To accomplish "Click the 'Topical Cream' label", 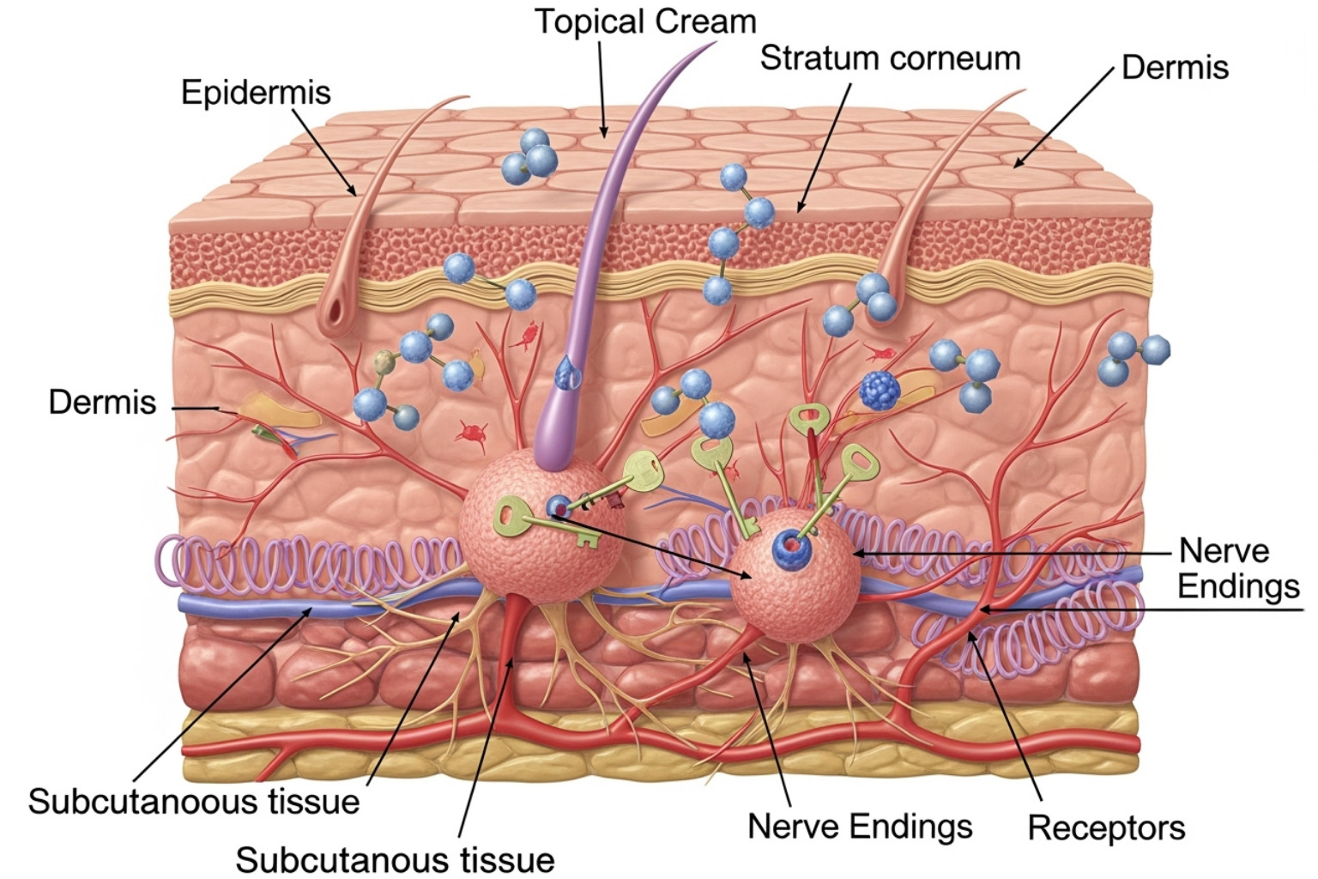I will (645, 21).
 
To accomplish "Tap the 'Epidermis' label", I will (256, 92).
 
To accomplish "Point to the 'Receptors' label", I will (1106, 827).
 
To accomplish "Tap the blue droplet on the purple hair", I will (565, 372).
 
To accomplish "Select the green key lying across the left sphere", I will (541, 524).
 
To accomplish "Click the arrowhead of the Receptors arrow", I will (970, 636).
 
